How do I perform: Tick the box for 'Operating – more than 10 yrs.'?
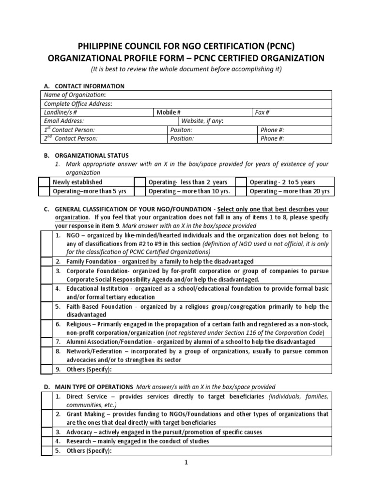point(140,191)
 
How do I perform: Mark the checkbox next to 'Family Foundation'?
point(46,261)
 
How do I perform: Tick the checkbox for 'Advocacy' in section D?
point(46,432)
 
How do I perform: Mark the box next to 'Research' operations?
point(46,441)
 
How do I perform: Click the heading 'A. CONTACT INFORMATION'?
point(84,86)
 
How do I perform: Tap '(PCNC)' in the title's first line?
point(272,46)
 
